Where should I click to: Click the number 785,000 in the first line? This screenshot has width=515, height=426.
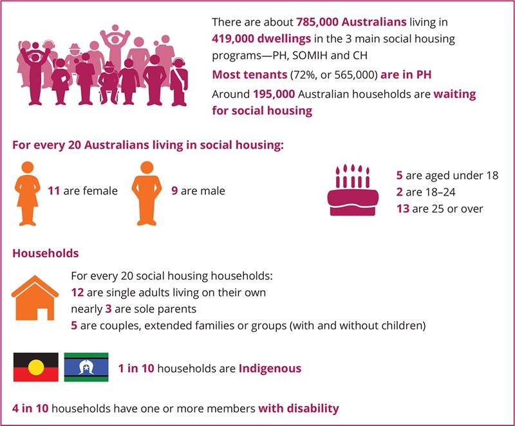tap(317, 23)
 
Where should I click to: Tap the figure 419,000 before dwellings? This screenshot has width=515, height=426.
tap(233, 39)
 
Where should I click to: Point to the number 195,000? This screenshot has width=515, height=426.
tap(274, 95)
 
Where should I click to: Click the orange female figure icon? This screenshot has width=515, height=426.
tap(28, 193)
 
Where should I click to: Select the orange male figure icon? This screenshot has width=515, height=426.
tap(147, 193)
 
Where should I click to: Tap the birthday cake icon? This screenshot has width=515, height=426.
tap(353, 190)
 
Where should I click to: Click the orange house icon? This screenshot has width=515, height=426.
tap(35, 297)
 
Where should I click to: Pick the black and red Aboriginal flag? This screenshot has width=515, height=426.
tap(36, 367)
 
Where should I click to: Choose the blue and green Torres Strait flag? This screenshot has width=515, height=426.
tap(86, 367)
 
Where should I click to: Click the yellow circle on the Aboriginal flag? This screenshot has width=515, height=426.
tap(36, 367)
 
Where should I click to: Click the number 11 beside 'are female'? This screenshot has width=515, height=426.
tap(54, 191)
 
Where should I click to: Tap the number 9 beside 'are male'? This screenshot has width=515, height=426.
tap(174, 191)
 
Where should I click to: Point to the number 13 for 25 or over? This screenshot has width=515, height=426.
tap(403, 208)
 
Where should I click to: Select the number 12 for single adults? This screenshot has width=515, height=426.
tap(77, 292)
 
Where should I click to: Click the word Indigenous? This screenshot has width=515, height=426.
tap(270, 369)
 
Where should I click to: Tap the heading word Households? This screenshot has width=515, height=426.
tap(46, 254)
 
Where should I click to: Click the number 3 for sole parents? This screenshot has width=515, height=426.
tap(108, 309)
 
